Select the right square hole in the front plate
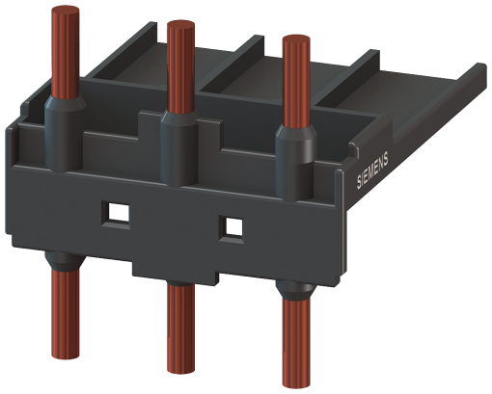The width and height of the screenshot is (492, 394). pos(231,227)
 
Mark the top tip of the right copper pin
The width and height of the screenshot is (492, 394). pos(295,39)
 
